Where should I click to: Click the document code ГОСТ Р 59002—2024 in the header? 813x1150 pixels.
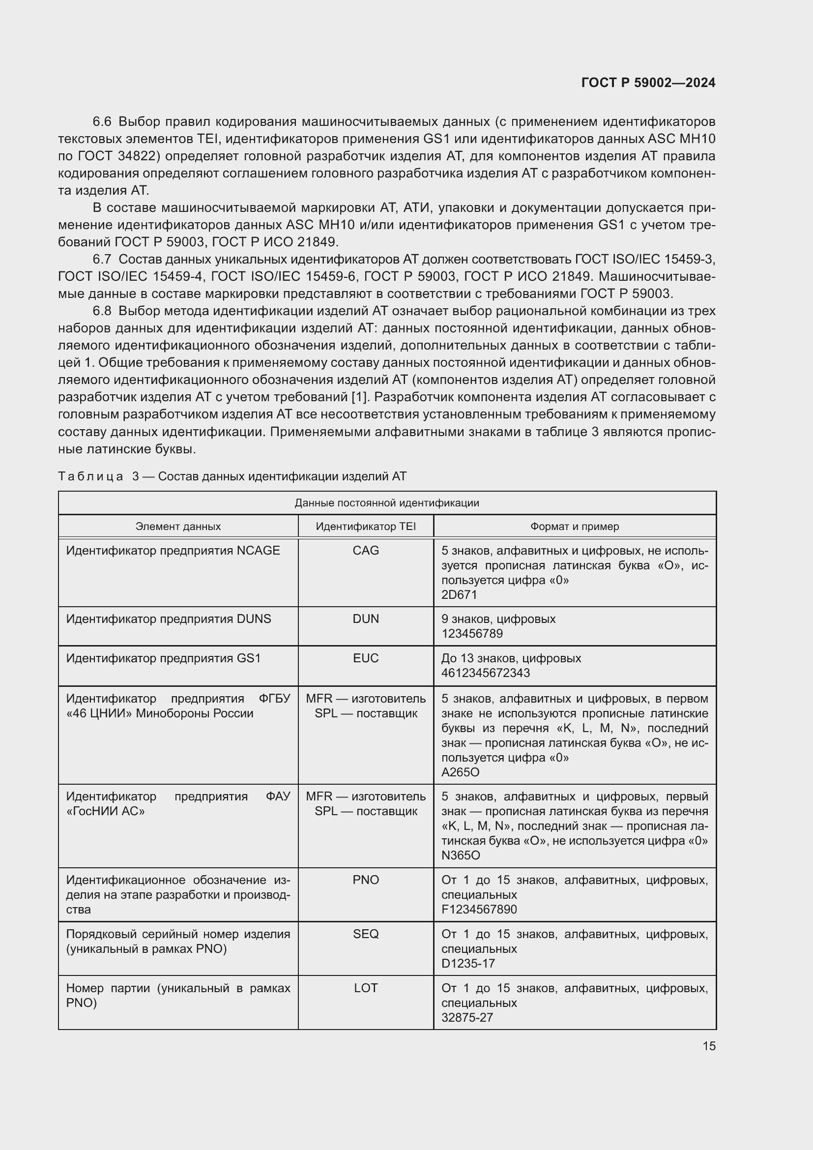(648, 83)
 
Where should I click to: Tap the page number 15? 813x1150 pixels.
(709, 1046)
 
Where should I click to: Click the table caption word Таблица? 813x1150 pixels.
(90, 476)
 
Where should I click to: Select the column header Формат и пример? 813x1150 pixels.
(574, 527)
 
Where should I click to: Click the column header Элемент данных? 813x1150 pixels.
(178, 527)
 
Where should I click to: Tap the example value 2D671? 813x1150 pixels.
(459, 594)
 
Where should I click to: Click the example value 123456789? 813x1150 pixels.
(472, 634)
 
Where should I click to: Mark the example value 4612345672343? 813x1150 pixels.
(485, 673)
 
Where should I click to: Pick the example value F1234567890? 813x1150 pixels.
(479, 910)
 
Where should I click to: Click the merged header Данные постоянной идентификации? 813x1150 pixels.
(386, 503)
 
